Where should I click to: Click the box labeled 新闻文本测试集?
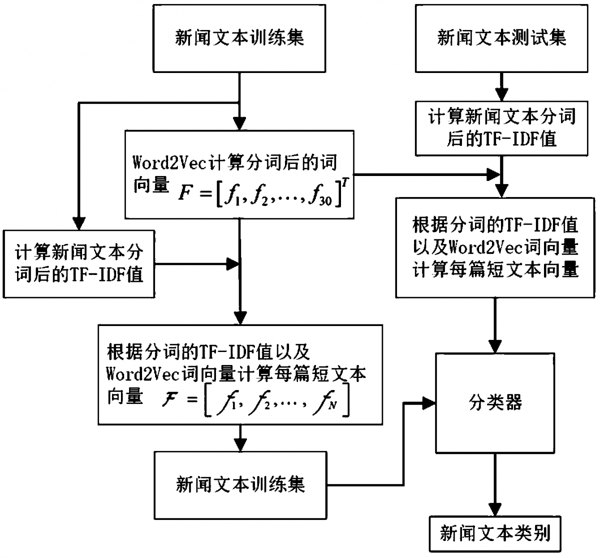[x=501, y=38]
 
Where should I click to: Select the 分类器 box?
[x=495, y=403]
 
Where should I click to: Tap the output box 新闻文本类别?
[x=495, y=534]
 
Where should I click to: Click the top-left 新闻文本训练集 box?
[x=239, y=38]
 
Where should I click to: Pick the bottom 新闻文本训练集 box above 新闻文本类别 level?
[x=240, y=484]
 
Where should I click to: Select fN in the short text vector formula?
[x=327, y=403]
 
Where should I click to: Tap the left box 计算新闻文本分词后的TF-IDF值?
[x=79, y=263]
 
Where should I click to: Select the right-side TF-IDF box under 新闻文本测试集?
[x=501, y=128]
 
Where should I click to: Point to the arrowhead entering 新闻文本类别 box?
[x=495, y=509]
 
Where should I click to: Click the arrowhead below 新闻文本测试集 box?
[x=501, y=94]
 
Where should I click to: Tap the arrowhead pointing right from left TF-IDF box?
[x=232, y=263]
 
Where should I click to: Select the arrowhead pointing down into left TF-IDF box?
[x=79, y=222]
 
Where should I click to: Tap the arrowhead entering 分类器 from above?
[x=495, y=346]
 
